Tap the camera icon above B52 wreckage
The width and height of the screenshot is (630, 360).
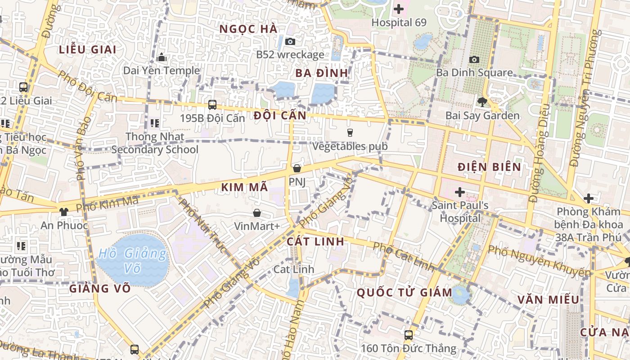pos(290,41)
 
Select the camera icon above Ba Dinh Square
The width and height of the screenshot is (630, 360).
pos(474,59)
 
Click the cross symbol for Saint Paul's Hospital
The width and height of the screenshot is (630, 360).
pos(459,193)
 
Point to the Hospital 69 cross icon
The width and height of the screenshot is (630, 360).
pos(399,9)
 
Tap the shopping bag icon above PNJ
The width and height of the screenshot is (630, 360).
pos(297,168)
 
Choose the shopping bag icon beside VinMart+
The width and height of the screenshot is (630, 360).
pos(256,212)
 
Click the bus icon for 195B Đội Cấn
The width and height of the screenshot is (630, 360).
pos(212,104)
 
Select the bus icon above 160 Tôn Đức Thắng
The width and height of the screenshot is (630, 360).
pos(408,335)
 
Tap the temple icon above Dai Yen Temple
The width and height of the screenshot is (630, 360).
pos(162,57)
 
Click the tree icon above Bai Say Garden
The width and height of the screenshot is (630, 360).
pos(482,102)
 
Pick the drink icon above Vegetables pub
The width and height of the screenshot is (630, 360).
pos(350,132)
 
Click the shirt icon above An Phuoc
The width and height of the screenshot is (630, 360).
pos(63,211)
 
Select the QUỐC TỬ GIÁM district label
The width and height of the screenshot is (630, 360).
pos(404,292)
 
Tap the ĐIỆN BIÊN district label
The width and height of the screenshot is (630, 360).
pos(489,167)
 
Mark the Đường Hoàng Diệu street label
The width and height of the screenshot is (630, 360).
pos(540,153)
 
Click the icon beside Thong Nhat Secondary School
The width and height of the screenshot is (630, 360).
pos(154,123)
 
